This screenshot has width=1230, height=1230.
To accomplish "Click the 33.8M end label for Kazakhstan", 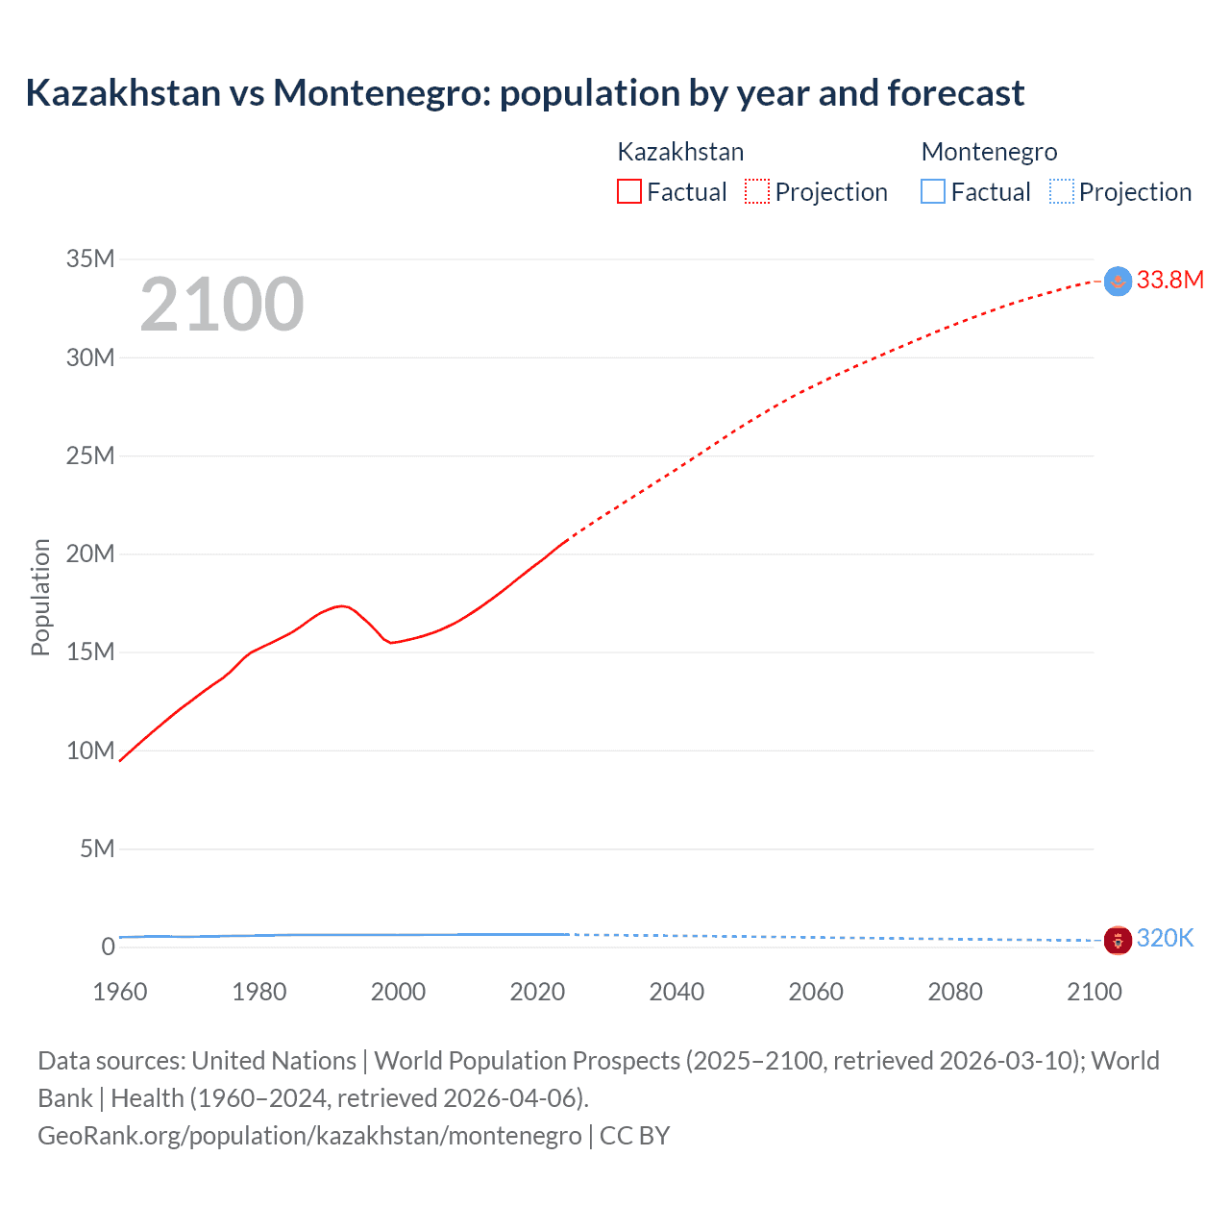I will pyautogui.click(x=1169, y=280).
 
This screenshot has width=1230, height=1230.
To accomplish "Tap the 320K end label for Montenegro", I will pyautogui.click(x=1165, y=939).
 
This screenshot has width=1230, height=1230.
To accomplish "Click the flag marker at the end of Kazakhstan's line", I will pyautogui.click(x=1118, y=281).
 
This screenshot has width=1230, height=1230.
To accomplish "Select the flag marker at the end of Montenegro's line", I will pyautogui.click(x=1118, y=940).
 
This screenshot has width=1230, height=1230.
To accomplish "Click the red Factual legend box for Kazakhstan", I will pyautogui.click(x=628, y=192).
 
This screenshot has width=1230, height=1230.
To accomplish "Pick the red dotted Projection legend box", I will pyautogui.click(x=757, y=192).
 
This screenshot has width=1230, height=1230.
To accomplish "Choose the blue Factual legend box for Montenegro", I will pyautogui.click(x=933, y=192).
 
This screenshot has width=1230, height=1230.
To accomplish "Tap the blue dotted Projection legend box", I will pyautogui.click(x=1062, y=192).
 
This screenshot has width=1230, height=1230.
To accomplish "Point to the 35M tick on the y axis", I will pyautogui.click(x=90, y=258).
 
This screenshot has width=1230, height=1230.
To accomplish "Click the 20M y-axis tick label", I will pyautogui.click(x=90, y=553).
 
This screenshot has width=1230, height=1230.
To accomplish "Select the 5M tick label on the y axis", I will pyautogui.click(x=97, y=849).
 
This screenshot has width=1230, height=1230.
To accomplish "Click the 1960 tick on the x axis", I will pyautogui.click(x=120, y=992).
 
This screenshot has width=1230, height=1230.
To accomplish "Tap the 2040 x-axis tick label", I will pyautogui.click(x=676, y=992).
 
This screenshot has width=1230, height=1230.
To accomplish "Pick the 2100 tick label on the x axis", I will pyautogui.click(x=1094, y=992).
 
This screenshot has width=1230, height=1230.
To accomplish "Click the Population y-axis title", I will pyautogui.click(x=40, y=597).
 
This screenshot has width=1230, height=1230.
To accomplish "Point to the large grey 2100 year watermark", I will pyautogui.click(x=222, y=305).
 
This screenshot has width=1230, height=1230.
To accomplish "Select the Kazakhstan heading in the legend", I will pyautogui.click(x=680, y=152).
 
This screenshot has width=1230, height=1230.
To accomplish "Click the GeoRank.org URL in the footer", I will pyautogui.click(x=309, y=1136).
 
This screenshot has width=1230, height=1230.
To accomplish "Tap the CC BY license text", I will pyautogui.click(x=634, y=1136).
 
